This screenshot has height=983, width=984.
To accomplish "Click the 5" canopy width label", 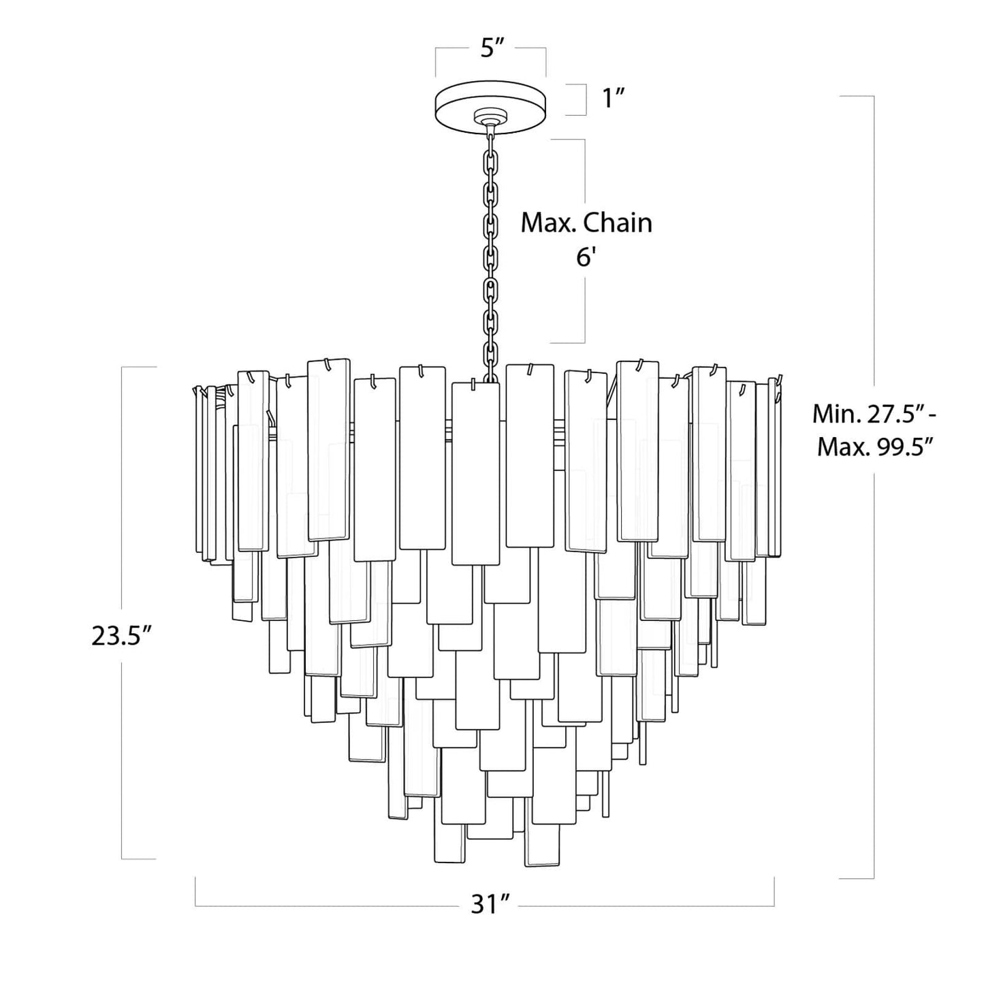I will (491, 49).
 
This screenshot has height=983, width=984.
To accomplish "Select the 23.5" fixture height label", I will (121, 636).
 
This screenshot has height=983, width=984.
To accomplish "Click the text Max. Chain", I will (586, 223).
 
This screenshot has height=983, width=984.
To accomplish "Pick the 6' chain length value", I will (586, 259).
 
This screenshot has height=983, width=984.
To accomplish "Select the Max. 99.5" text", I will (874, 447).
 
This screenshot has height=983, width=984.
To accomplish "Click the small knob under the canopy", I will (490, 120).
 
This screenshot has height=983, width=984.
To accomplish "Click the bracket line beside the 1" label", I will (586, 99).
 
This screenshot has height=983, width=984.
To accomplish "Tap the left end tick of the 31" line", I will (196, 892).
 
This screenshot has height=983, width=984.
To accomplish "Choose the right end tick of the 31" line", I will (774, 892).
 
